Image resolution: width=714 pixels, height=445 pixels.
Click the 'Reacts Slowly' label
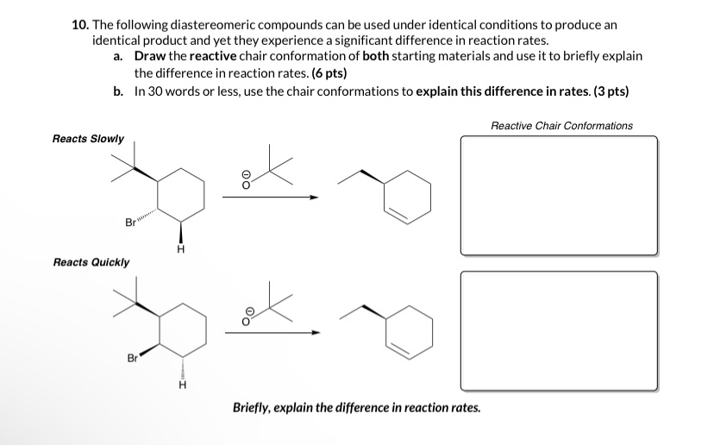[x=88, y=139]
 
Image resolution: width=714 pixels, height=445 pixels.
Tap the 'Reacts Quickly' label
[x=91, y=262]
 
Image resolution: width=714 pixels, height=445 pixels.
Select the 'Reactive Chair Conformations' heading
[x=561, y=126]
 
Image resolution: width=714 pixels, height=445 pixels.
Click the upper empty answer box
[x=559, y=195]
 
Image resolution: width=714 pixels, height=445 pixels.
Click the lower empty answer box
[x=559, y=330]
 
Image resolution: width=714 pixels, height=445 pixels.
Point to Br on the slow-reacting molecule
[x=131, y=223]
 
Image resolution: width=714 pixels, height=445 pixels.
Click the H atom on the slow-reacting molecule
[x=180, y=249]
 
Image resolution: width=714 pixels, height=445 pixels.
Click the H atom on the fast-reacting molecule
[x=181, y=385]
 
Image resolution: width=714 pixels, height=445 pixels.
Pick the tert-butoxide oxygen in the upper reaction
[x=246, y=183]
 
